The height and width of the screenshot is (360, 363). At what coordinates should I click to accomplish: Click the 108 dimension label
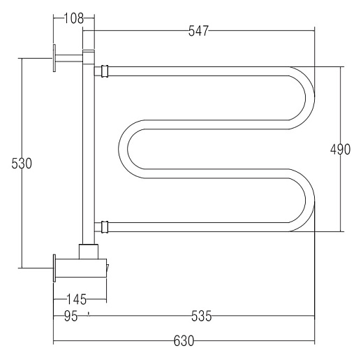coord(74,18)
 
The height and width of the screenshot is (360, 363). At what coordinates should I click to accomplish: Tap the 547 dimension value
coord(198,31)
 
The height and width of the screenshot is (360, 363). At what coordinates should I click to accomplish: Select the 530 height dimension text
coord(22,164)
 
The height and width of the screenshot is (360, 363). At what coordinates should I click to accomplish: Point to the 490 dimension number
coord(340,150)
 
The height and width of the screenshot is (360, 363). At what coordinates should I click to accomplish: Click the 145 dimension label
coord(77,299)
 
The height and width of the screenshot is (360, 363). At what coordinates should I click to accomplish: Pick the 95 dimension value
coord(71,316)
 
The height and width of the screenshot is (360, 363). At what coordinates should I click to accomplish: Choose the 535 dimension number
coord(202,316)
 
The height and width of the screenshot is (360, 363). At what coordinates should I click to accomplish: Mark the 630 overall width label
coord(184,341)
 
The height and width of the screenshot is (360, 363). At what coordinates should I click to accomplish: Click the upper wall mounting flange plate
coord(54,58)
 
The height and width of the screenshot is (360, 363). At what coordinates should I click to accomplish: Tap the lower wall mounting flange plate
coord(54,268)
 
